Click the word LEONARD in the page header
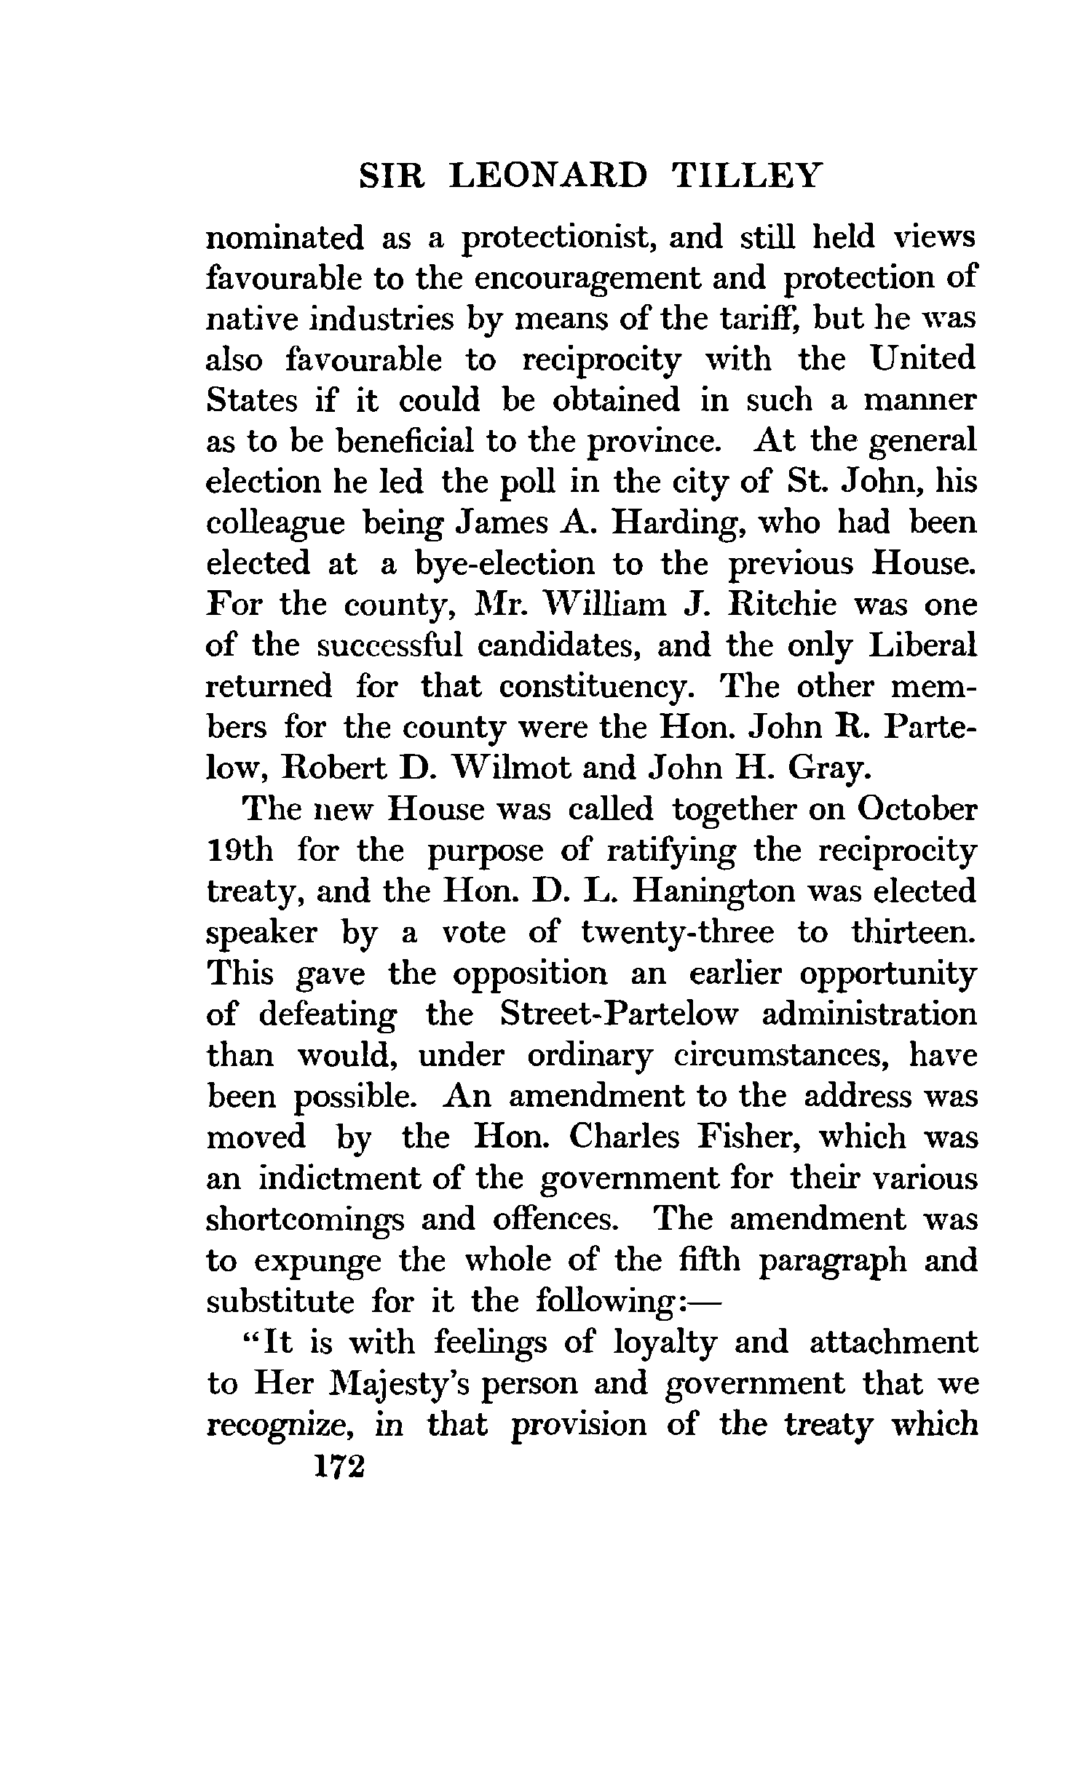(547, 178)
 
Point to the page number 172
(337, 1466)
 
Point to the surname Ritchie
(777, 605)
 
